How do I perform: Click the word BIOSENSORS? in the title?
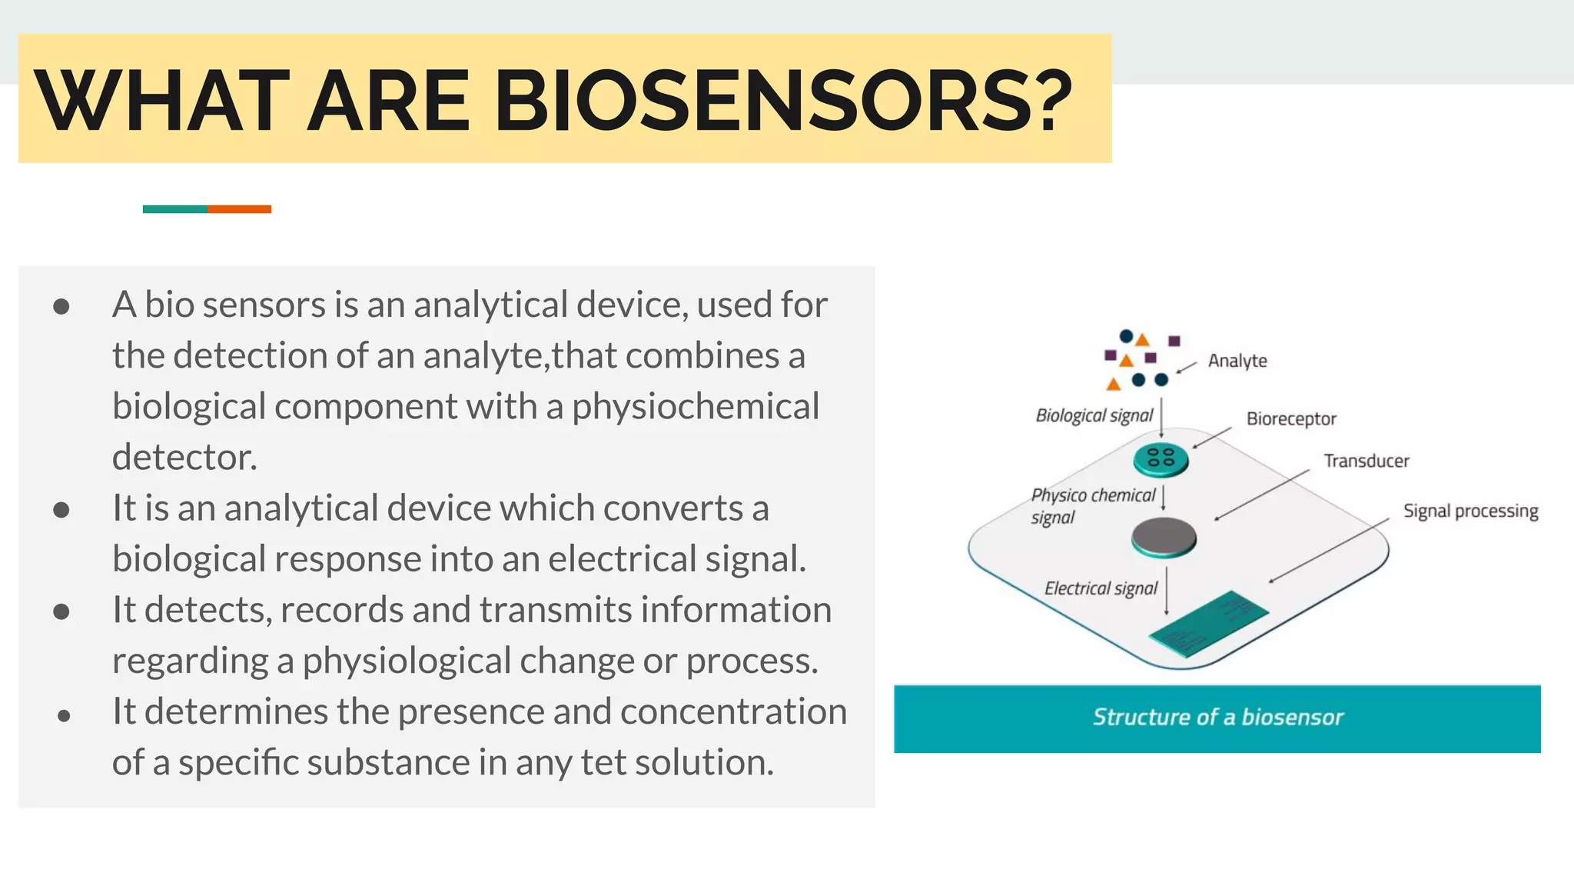coord(782,101)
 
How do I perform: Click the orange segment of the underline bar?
coord(239,209)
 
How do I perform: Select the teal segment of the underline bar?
coord(174,209)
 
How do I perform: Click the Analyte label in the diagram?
coord(1237,361)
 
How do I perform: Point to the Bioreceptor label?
coord(1291,419)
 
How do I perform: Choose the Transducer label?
coord(1366,461)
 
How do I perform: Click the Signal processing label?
coord(1470,511)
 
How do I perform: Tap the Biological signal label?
coord(1094,416)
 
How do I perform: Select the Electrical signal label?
coord(1100,589)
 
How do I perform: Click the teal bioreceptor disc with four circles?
coord(1161,459)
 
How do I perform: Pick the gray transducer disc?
coord(1164,537)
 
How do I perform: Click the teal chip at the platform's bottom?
coord(1207,623)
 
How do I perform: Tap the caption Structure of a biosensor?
coord(1217,718)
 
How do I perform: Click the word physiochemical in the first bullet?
coord(696,407)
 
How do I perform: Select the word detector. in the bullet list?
coord(184,458)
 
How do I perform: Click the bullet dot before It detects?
coord(62,611)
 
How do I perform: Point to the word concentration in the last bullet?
coord(733,711)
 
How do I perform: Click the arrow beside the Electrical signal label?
coord(1167,591)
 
